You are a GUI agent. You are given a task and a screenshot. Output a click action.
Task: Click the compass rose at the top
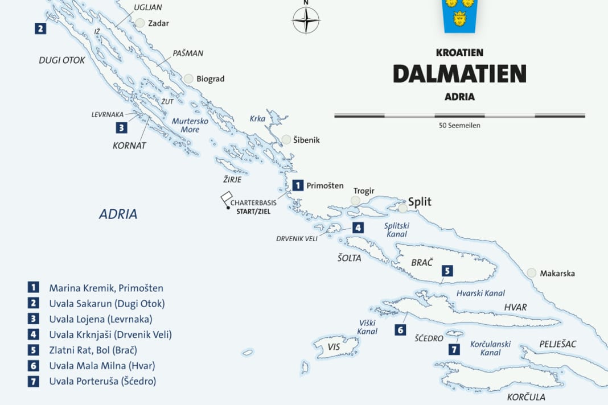(x=306, y=21)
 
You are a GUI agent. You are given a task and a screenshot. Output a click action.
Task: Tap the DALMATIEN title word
(x=459, y=74)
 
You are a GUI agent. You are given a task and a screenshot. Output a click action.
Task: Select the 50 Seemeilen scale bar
(x=459, y=116)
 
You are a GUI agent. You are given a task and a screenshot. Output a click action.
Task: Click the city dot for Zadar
(x=139, y=23)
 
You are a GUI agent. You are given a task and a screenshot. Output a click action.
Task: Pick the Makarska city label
(x=557, y=274)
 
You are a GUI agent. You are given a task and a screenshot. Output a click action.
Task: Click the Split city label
(x=420, y=202)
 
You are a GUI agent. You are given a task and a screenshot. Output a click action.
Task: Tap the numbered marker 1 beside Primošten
(x=298, y=185)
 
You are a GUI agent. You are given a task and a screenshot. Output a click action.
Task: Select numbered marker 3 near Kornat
(x=121, y=127)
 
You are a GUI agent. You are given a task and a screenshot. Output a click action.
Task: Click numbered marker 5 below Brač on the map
(x=447, y=271)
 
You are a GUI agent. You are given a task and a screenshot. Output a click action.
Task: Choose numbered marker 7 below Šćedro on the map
(x=454, y=349)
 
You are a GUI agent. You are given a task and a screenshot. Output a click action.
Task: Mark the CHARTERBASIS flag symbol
(x=225, y=199)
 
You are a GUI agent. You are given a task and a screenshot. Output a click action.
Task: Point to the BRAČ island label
(x=422, y=262)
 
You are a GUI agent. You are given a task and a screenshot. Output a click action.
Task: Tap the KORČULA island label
(x=526, y=397)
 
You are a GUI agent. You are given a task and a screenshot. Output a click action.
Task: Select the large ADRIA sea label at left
(x=118, y=214)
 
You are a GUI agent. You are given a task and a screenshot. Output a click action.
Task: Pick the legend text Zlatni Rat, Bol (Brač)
(x=93, y=350)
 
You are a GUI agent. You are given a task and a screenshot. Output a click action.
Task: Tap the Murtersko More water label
(x=190, y=125)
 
